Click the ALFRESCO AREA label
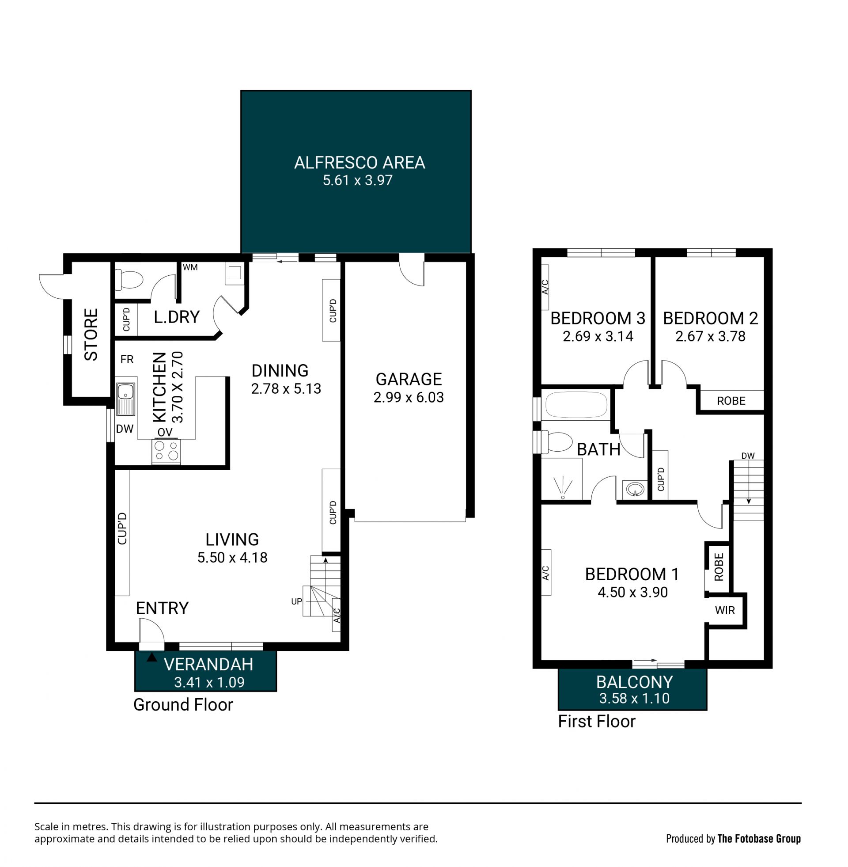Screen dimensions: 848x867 [360, 163]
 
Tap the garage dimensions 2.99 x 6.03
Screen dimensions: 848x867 [409, 397]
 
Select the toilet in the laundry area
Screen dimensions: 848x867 [129, 279]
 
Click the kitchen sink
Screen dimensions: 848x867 [125, 397]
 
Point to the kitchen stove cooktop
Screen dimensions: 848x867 [166, 451]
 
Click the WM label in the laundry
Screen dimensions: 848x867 [190, 267]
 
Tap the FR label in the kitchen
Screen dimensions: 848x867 [127, 359]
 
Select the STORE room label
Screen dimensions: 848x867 [91, 335]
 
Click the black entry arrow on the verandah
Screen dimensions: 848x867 [152, 657]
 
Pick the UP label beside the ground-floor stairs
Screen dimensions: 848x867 [296, 601]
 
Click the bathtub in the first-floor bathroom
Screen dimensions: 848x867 [576, 404]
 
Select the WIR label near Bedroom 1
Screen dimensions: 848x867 [725, 610]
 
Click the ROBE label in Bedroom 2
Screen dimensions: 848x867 [731, 401]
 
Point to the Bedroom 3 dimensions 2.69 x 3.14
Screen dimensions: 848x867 [598, 336]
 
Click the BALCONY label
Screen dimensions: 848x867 [634, 682]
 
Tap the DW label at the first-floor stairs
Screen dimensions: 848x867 [748, 456]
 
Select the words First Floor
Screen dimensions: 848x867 [596, 721]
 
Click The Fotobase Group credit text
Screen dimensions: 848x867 [759, 839]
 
